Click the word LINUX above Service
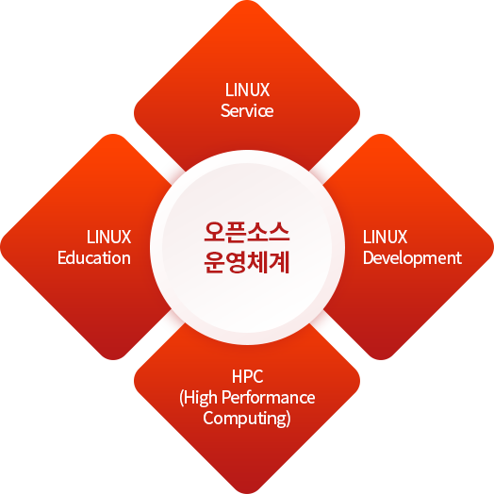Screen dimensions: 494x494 point(247,90)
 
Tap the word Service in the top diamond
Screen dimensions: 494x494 point(247,111)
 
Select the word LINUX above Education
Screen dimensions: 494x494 point(108,237)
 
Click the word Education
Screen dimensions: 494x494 point(94,257)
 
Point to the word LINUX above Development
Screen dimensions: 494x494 point(385,237)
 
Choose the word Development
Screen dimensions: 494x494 point(412,258)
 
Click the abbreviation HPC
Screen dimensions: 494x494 point(247,376)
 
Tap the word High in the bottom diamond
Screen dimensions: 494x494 point(201,398)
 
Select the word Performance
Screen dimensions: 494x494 point(269,398)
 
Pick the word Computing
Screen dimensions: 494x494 point(244,419)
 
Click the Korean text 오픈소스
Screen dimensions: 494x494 point(247,232)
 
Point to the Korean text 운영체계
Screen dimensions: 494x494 point(247,262)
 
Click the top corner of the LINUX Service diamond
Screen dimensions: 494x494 point(247,1)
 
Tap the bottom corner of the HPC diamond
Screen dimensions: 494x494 point(247,493)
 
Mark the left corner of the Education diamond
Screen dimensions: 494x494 point(1,247)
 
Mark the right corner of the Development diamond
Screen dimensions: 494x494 point(493,247)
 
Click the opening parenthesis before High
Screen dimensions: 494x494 point(181,399)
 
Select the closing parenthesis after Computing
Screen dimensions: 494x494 point(288,420)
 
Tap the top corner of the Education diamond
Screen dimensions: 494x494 point(113,135)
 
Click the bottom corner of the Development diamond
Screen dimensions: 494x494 point(381,359)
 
